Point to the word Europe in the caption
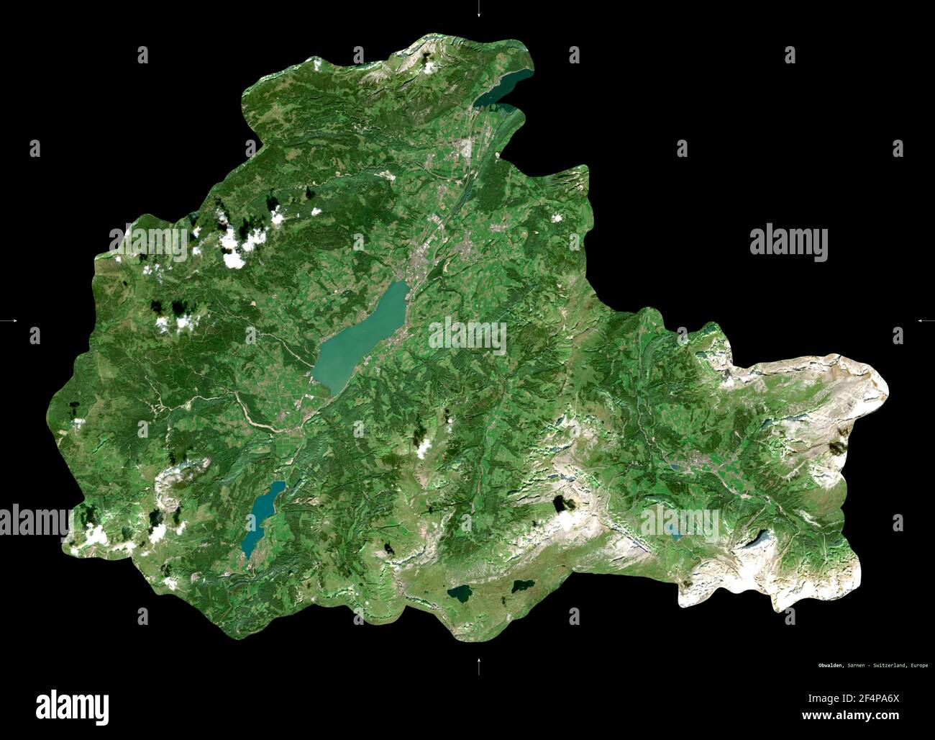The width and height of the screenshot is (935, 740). pos(918,665)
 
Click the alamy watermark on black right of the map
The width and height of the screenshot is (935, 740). pos(788,243)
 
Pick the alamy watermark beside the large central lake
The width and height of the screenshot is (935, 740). pos(467,336)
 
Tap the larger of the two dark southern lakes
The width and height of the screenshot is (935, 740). pos(459,595)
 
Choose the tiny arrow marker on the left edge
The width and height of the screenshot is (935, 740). pos(10,320)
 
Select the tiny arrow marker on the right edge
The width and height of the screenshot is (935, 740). pos(924,320)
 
